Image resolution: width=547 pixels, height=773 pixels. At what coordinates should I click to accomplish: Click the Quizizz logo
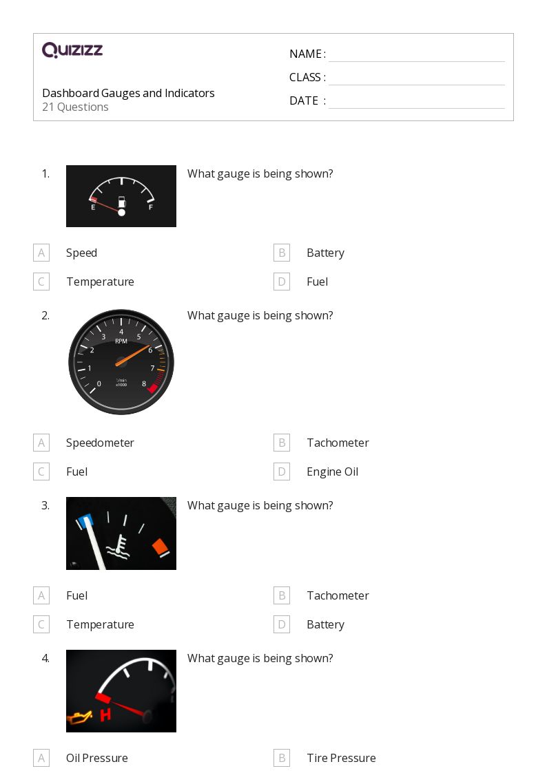pos(72,50)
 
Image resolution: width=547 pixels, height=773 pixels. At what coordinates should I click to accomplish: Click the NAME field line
pos(416,55)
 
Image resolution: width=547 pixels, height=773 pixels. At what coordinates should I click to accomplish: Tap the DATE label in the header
pos(304,100)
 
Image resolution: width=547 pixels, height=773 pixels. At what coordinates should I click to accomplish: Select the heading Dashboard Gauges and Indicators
pos(128,93)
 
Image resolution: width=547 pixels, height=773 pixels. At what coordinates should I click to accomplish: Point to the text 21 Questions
pos(75,107)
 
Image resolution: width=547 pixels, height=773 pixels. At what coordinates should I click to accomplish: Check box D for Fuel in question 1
pos(281,282)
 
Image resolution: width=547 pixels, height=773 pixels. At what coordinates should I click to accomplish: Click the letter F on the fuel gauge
pos(151,207)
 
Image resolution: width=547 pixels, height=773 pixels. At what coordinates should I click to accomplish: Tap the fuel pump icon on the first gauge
pos(122,202)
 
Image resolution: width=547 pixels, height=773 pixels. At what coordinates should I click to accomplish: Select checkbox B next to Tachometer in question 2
pos(281,443)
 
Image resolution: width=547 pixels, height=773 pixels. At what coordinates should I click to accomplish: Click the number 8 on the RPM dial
pos(144,384)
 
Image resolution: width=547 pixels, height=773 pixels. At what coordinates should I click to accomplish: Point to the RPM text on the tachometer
pos(121,341)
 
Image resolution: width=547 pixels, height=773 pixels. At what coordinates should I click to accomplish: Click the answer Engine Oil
pos(332,472)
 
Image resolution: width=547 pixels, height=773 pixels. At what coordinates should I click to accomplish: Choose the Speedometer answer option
pos(100,443)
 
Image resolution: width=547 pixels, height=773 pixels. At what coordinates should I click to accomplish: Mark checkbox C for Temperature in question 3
pos(41,624)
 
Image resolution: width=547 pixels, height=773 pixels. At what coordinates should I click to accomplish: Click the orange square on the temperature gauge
pos(161,547)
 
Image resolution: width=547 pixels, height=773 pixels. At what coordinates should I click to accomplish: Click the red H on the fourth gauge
pos(105,715)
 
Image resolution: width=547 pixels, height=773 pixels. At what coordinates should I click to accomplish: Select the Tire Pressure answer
pos(341,758)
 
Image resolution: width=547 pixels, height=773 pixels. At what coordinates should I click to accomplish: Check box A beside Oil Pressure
pos(41,758)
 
